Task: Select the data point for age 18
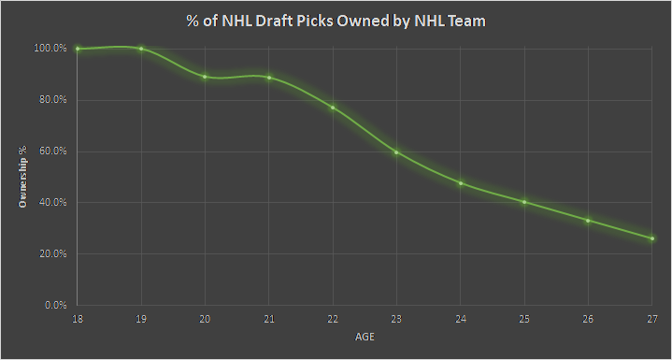(78, 49)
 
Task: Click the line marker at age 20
(205, 77)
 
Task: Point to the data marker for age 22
(333, 108)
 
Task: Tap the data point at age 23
(397, 152)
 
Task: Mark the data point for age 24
(461, 183)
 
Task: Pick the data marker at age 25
(524, 202)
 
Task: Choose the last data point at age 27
(652, 238)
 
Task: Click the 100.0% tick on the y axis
(50, 49)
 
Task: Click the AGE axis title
(365, 336)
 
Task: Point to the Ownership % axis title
(21, 177)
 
